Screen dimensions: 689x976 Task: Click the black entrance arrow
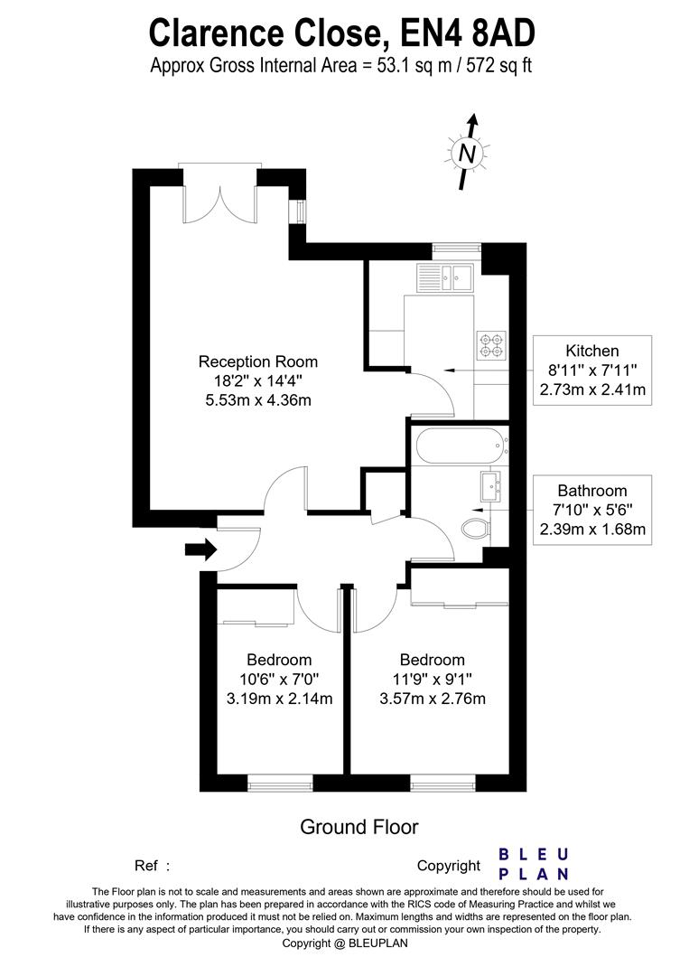pos(200,549)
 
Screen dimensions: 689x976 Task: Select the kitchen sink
pos(445,277)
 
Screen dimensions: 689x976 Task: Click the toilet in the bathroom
pos(477,529)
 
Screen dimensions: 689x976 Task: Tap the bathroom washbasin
pos(490,486)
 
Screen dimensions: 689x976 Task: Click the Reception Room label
pos(258,361)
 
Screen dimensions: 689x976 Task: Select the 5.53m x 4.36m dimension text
pos(258,399)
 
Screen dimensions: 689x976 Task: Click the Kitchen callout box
pos(592,371)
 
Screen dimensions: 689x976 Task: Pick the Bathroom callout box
pos(592,510)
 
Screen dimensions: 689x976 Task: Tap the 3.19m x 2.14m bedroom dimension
pos(279,699)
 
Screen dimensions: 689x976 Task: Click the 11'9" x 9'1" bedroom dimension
pos(433,679)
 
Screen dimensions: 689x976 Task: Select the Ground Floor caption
pos(358,827)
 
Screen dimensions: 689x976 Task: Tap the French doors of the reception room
pos(219,194)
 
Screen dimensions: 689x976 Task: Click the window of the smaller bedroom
pos(280,782)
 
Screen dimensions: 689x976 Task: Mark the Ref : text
pos(152,865)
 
